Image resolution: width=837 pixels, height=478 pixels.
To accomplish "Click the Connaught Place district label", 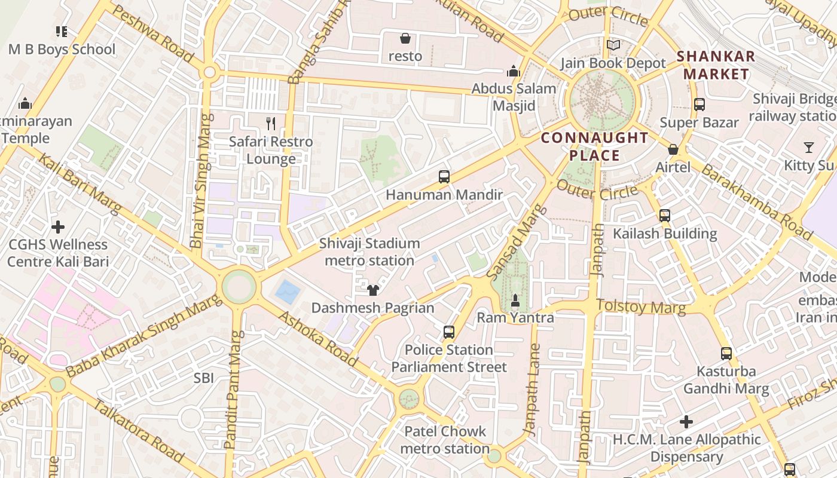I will [594, 147].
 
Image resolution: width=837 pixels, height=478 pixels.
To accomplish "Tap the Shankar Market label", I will [716, 66].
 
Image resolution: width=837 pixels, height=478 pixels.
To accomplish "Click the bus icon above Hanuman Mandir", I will [444, 177].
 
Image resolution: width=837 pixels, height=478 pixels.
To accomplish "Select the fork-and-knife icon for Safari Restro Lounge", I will [271, 124].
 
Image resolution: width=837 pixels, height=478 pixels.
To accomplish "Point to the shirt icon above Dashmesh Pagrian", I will [373, 290].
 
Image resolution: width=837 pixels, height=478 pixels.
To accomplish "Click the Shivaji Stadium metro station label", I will [369, 252].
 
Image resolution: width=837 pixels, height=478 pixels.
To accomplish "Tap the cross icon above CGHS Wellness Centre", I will [58, 227].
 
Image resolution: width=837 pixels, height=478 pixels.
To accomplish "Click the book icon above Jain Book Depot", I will [613, 45].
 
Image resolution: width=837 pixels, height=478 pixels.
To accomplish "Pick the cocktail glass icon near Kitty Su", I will [808, 147].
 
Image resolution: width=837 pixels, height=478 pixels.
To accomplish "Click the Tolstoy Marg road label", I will [641, 307].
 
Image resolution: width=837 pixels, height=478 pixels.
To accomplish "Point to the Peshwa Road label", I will [153, 34].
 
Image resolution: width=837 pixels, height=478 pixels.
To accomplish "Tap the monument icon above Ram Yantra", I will [515, 299].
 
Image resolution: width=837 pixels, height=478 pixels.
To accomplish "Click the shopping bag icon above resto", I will [405, 39].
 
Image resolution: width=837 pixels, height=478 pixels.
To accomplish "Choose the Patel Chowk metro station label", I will [445, 440].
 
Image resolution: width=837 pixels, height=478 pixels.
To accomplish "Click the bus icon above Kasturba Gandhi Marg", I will [726, 353].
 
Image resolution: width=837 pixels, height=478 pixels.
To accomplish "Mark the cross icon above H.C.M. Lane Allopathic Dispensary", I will [686, 422].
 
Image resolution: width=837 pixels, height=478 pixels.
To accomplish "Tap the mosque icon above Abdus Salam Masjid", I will [513, 71].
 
